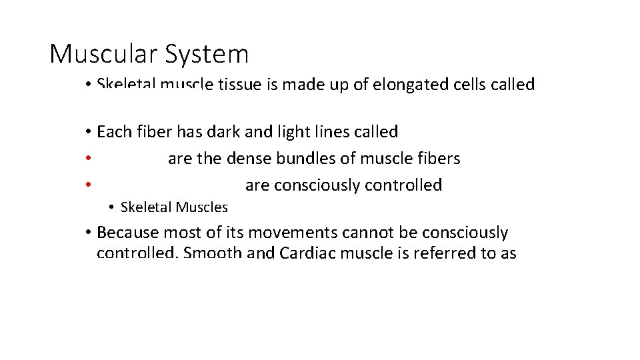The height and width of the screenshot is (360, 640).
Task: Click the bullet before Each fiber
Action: point(87,132)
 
